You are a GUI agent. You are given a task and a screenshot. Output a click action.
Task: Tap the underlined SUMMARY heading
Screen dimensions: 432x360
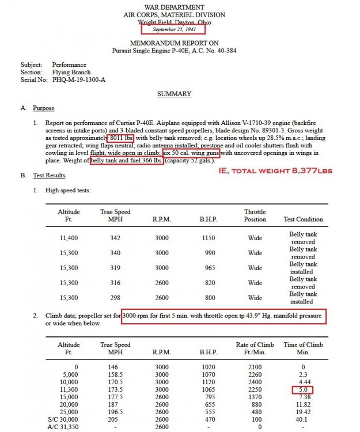pos(175,93)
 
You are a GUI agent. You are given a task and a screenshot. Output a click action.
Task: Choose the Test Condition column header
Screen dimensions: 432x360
pos(304,219)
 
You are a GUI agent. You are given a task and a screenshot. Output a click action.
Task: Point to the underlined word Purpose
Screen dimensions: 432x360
pos(44,108)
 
